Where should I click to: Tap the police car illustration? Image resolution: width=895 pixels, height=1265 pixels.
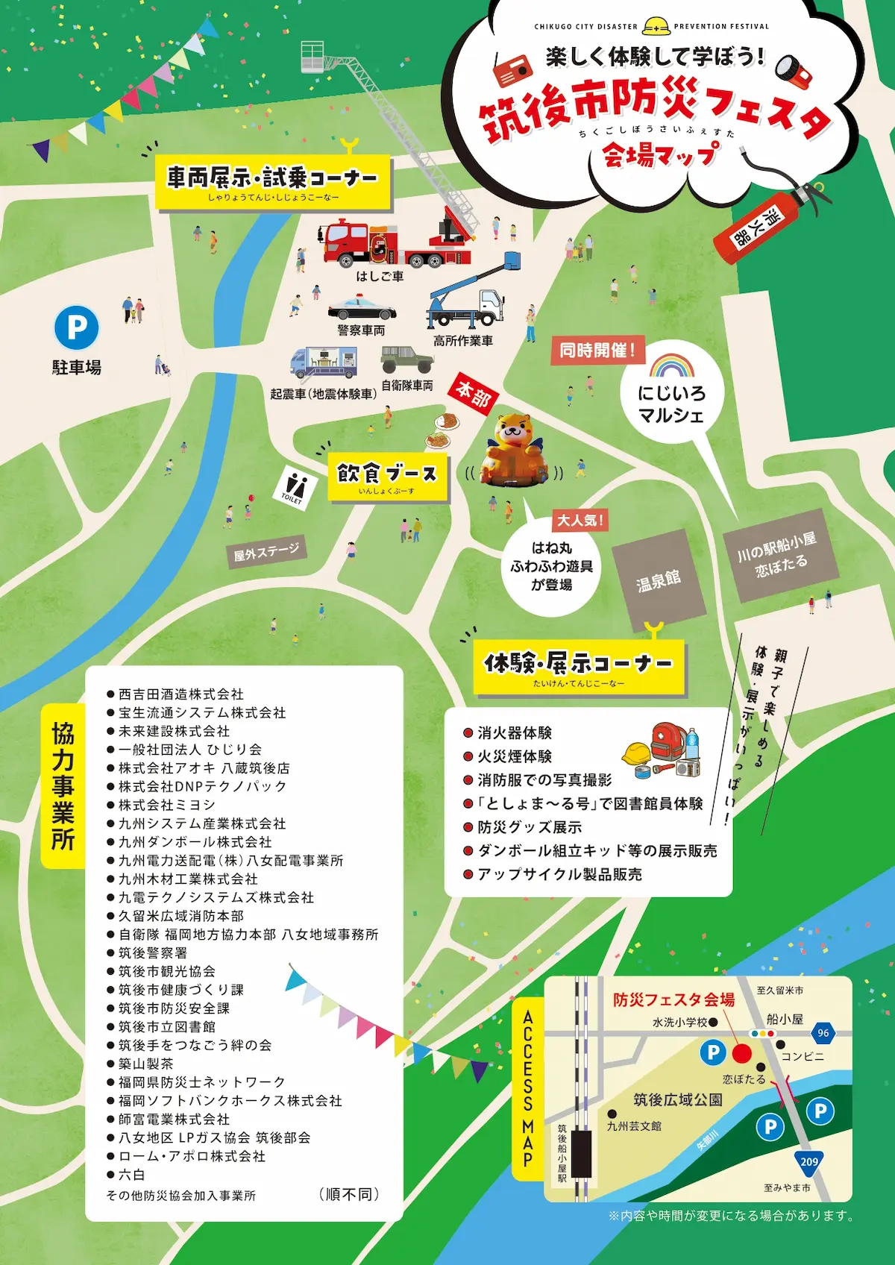[362, 309]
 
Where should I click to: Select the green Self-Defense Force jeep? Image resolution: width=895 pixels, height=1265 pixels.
[406, 360]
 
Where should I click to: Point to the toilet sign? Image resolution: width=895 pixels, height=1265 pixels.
[295, 487]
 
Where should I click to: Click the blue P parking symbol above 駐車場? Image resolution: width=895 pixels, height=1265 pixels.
[77, 327]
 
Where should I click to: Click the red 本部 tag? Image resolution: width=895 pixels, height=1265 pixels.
[474, 393]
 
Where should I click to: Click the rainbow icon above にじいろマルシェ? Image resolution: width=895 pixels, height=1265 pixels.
[672, 365]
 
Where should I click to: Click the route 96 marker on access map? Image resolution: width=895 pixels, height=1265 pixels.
[823, 1033]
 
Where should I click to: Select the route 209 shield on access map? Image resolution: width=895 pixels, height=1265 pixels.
[809, 1161]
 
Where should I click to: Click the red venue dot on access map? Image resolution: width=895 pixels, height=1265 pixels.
[741, 1053]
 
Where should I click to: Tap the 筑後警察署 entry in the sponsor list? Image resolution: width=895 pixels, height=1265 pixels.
[153, 952]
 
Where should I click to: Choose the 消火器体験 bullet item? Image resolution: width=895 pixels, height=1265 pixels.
[515, 733]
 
